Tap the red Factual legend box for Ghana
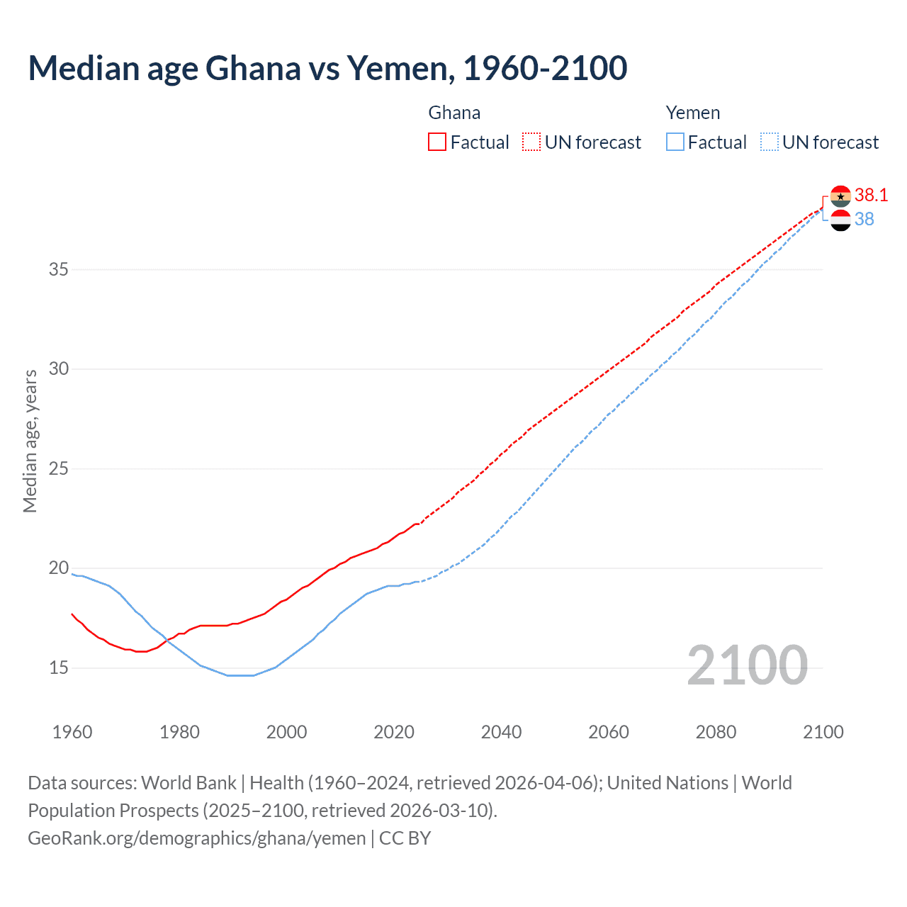pos(437,142)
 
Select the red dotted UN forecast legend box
pos(531,142)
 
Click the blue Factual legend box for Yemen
pos(675,142)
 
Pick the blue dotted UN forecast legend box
pos(769,142)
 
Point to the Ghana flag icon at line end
pos(840,196)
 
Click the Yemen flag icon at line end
pos(840,220)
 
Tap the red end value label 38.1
pos(871,196)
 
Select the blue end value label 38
pos(864,220)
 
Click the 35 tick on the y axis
pos(59,269)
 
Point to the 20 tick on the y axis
pos(59,568)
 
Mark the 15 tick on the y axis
pos(59,667)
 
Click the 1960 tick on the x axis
pos(72,732)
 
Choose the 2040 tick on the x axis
pos(501,732)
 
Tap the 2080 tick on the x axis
pos(716,732)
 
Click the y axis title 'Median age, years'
pos(30,441)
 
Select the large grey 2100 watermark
pos(747,665)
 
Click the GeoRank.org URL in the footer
pos(197,838)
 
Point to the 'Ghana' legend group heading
pos(454,113)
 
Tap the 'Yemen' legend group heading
pos(692,113)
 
